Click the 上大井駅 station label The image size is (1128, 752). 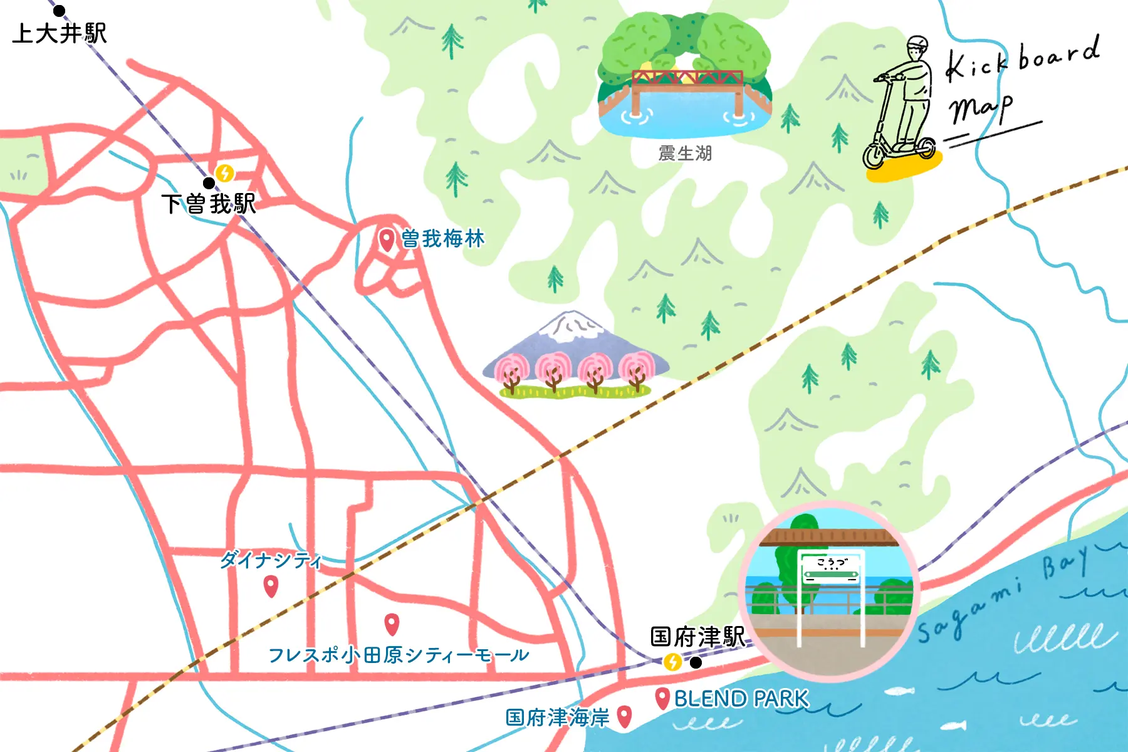(60, 33)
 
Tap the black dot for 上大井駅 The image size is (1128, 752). (59, 11)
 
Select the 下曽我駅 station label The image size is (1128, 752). (209, 204)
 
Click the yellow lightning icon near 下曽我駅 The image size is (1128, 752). (224, 172)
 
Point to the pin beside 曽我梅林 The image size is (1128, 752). (387, 239)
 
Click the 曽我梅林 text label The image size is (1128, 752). (442, 239)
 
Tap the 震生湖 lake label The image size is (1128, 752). (685, 154)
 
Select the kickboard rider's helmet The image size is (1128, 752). (917, 43)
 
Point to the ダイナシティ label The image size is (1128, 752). (271, 560)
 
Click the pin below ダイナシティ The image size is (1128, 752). (271, 586)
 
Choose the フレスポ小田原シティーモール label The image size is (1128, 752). (399, 655)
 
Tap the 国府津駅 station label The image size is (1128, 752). (697, 637)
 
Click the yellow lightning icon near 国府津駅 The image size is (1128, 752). (672, 662)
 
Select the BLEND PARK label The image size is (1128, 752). (741, 698)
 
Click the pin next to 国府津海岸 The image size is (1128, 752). (624, 716)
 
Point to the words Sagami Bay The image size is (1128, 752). (1003, 595)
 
